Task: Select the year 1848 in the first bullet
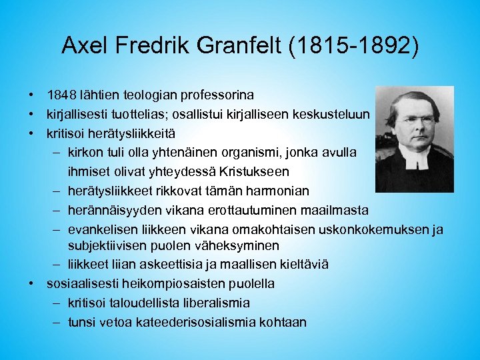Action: [x=61, y=96]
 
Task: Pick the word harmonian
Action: [x=278, y=191]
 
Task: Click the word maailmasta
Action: [x=333, y=210]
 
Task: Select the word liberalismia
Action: [x=206, y=303]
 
